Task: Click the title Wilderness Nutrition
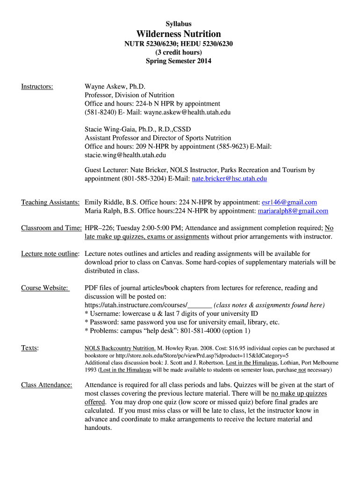point(179,34)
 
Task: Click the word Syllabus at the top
point(179,24)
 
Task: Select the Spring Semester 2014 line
point(179,61)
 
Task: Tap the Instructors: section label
point(37,87)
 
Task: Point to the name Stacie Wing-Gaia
point(111,129)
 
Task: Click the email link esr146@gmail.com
point(289,202)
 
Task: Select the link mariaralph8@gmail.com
point(293,211)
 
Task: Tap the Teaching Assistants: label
point(50,202)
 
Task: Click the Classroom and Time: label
point(51,228)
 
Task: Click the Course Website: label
point(45,288)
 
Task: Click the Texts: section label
point(30,348)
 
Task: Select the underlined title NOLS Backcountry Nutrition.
point(120,348)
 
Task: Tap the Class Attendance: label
point(47,385)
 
